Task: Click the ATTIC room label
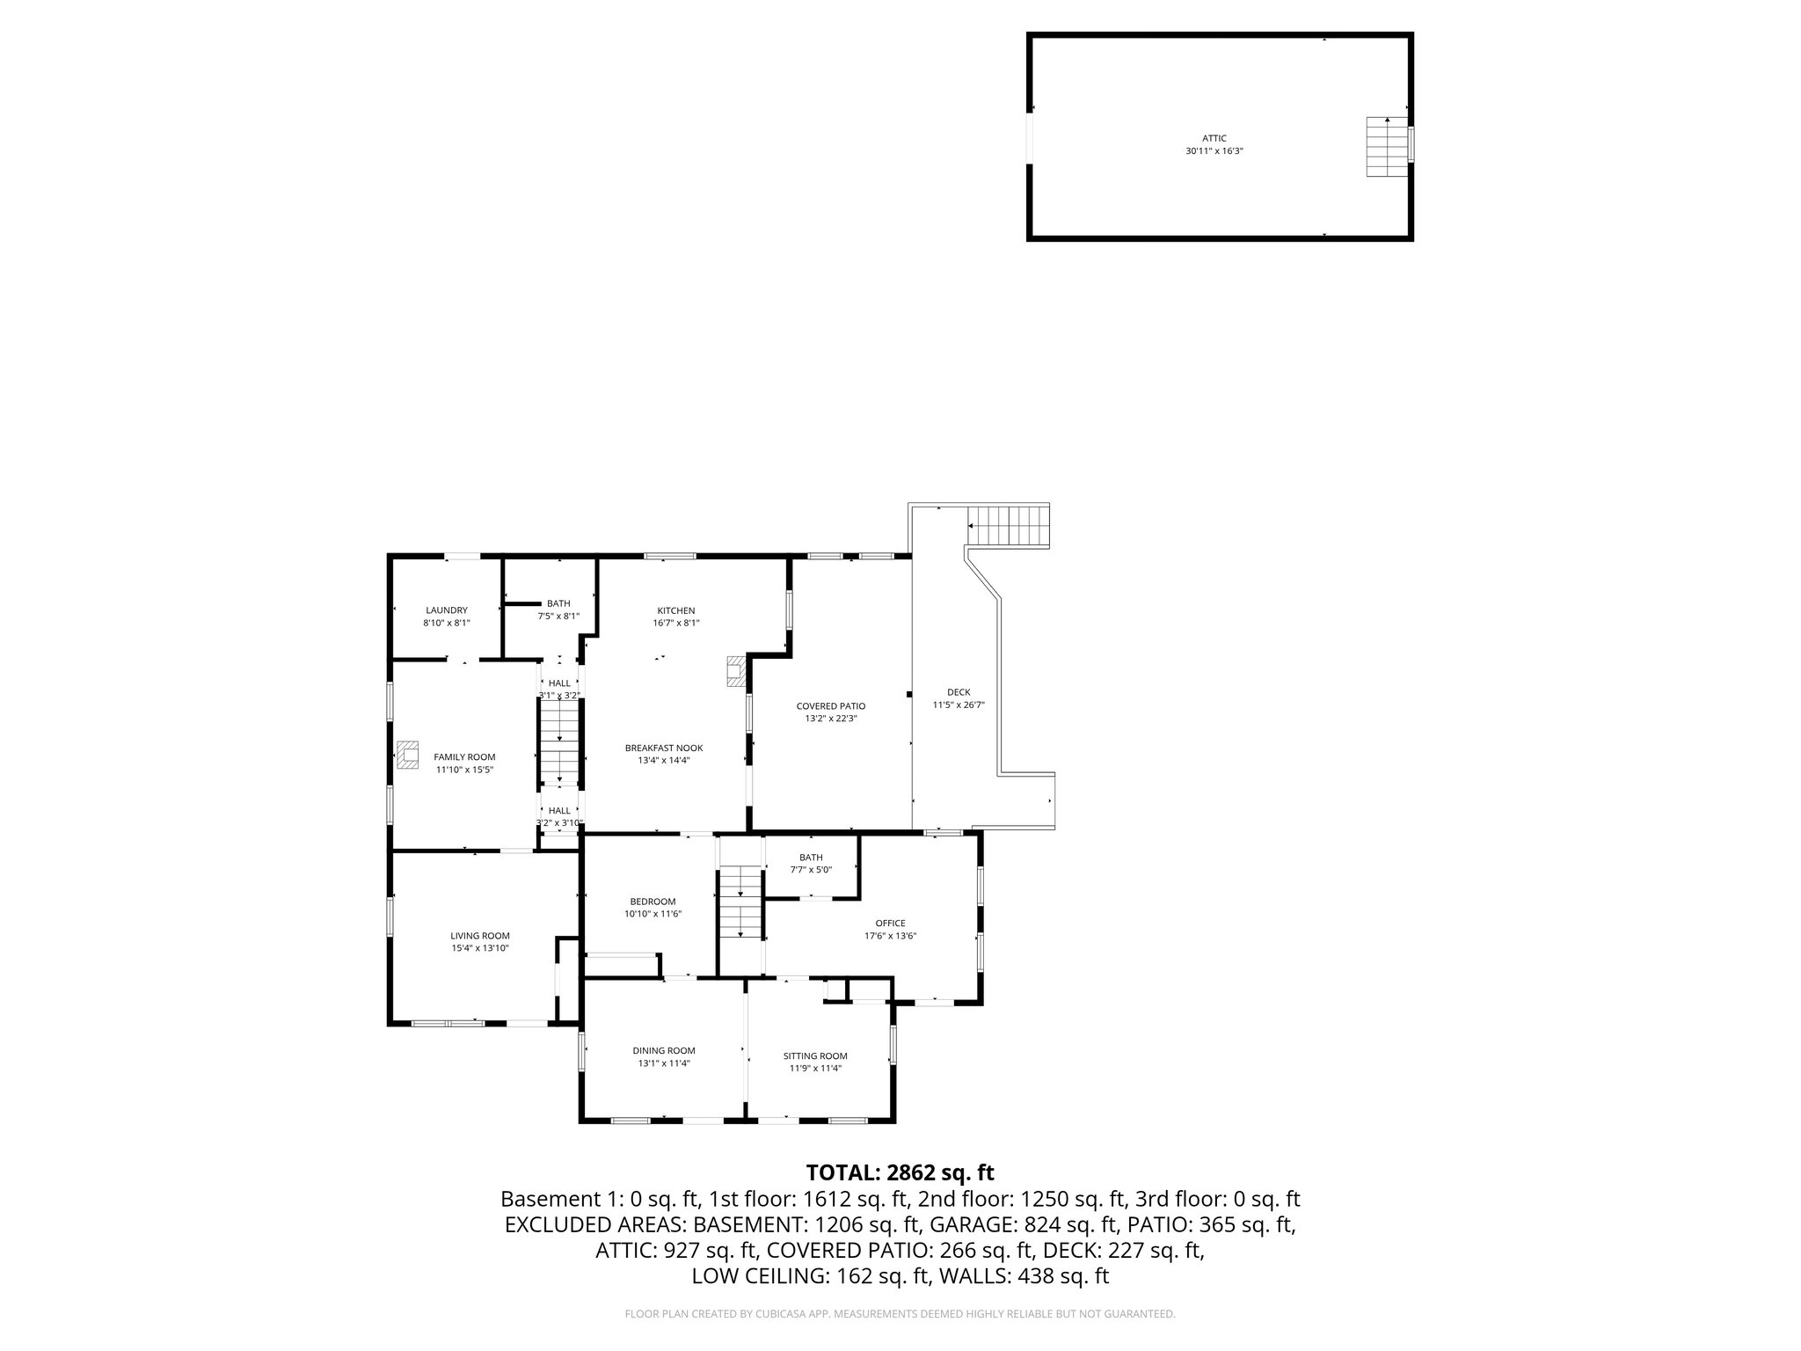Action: [x=1214, y=138]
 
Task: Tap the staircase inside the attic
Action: [x=1387, y=146]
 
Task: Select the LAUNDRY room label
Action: [x=447, y=610]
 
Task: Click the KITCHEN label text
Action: [x=676, y=610]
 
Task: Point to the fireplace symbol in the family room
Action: [x=407, y=755]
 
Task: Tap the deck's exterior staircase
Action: [x=1009, y=526]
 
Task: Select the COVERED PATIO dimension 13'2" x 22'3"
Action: [x=830, y=719]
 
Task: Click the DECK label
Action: [x=959, y=692]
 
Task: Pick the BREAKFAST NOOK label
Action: [x=664, y=748]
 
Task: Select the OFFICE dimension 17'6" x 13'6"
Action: [x=890, y=936]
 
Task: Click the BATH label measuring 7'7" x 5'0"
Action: [x=811, y=858]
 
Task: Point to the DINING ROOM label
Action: [x=664, y=1050]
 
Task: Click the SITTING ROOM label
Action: [x=815, y=1055]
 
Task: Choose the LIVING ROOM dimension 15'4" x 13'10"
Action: [x=480, y=948]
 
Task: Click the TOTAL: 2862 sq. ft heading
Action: [x=900, y=1172]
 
